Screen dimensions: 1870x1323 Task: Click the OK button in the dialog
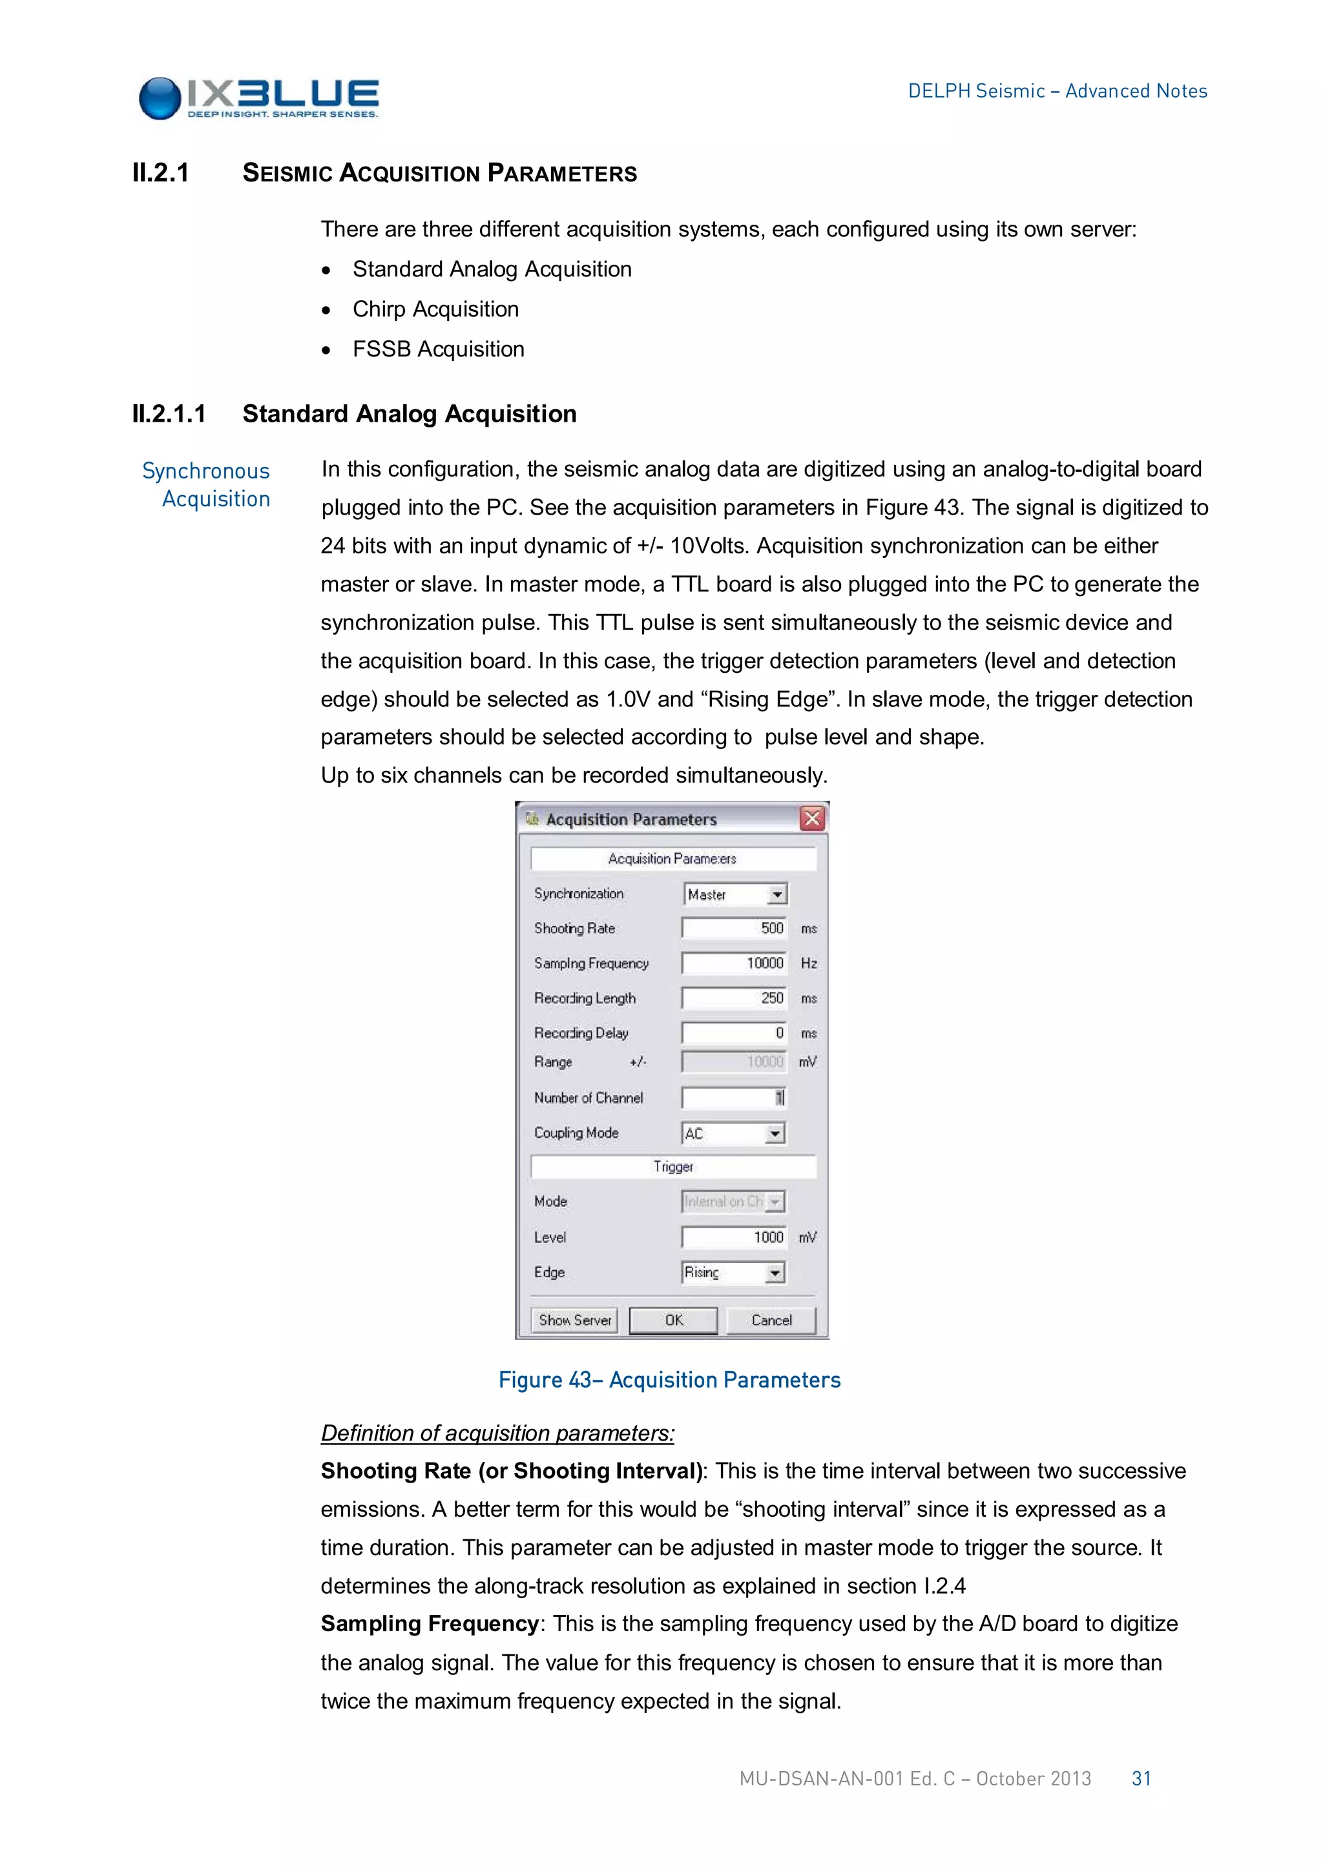coord(673,1320)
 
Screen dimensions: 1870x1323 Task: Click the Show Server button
coord(574,1320)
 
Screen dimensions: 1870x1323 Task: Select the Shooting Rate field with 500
coord(734,929)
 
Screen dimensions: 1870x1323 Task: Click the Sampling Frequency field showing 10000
coord(734,963)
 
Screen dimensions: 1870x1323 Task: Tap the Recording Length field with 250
coord(734,998)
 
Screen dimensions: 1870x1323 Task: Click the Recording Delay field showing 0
coord(734,1034)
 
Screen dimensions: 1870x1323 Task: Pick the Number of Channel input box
coord(734,1098)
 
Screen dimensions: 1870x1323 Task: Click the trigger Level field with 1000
coord(734,1237)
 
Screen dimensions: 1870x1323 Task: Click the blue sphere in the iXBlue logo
coord(160,99)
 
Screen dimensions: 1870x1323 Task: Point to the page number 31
coord(1141,1779)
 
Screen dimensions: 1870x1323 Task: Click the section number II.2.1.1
coord(169,414)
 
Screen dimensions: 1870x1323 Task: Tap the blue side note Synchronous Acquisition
coord(207,484)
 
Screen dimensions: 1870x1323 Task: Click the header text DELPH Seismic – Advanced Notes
coord(1057,91)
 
